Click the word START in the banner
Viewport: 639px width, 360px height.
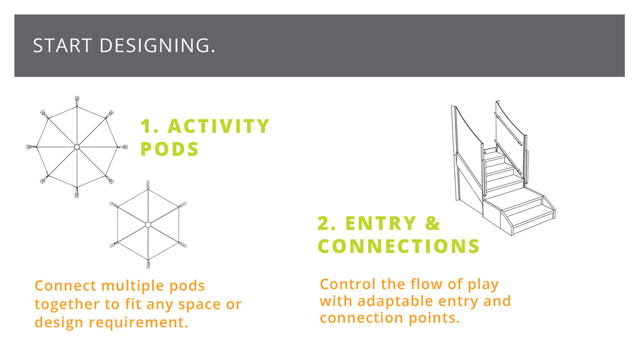coord(63,45)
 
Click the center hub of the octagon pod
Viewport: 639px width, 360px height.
coord(77,147)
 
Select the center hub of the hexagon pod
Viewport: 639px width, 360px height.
coord(148,224)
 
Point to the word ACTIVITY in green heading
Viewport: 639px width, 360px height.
coord(219,127)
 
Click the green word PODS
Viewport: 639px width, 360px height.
coord(169,149)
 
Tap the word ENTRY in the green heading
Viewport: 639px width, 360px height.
coord(381,223)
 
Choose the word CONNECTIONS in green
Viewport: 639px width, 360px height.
coord(399,246)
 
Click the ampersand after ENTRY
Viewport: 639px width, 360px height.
coord(433,223)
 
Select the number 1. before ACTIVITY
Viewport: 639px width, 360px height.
coord(150,127)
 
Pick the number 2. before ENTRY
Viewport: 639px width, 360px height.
coord(327,223)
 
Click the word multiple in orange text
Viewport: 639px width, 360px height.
coord(133,286)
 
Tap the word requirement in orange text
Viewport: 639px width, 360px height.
coord(139,322)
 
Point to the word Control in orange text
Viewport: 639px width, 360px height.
coord(348,284)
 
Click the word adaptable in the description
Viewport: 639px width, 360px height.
coord(396,301)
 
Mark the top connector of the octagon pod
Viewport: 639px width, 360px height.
coord(77,100)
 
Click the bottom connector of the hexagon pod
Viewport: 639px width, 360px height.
coord(148,265)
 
